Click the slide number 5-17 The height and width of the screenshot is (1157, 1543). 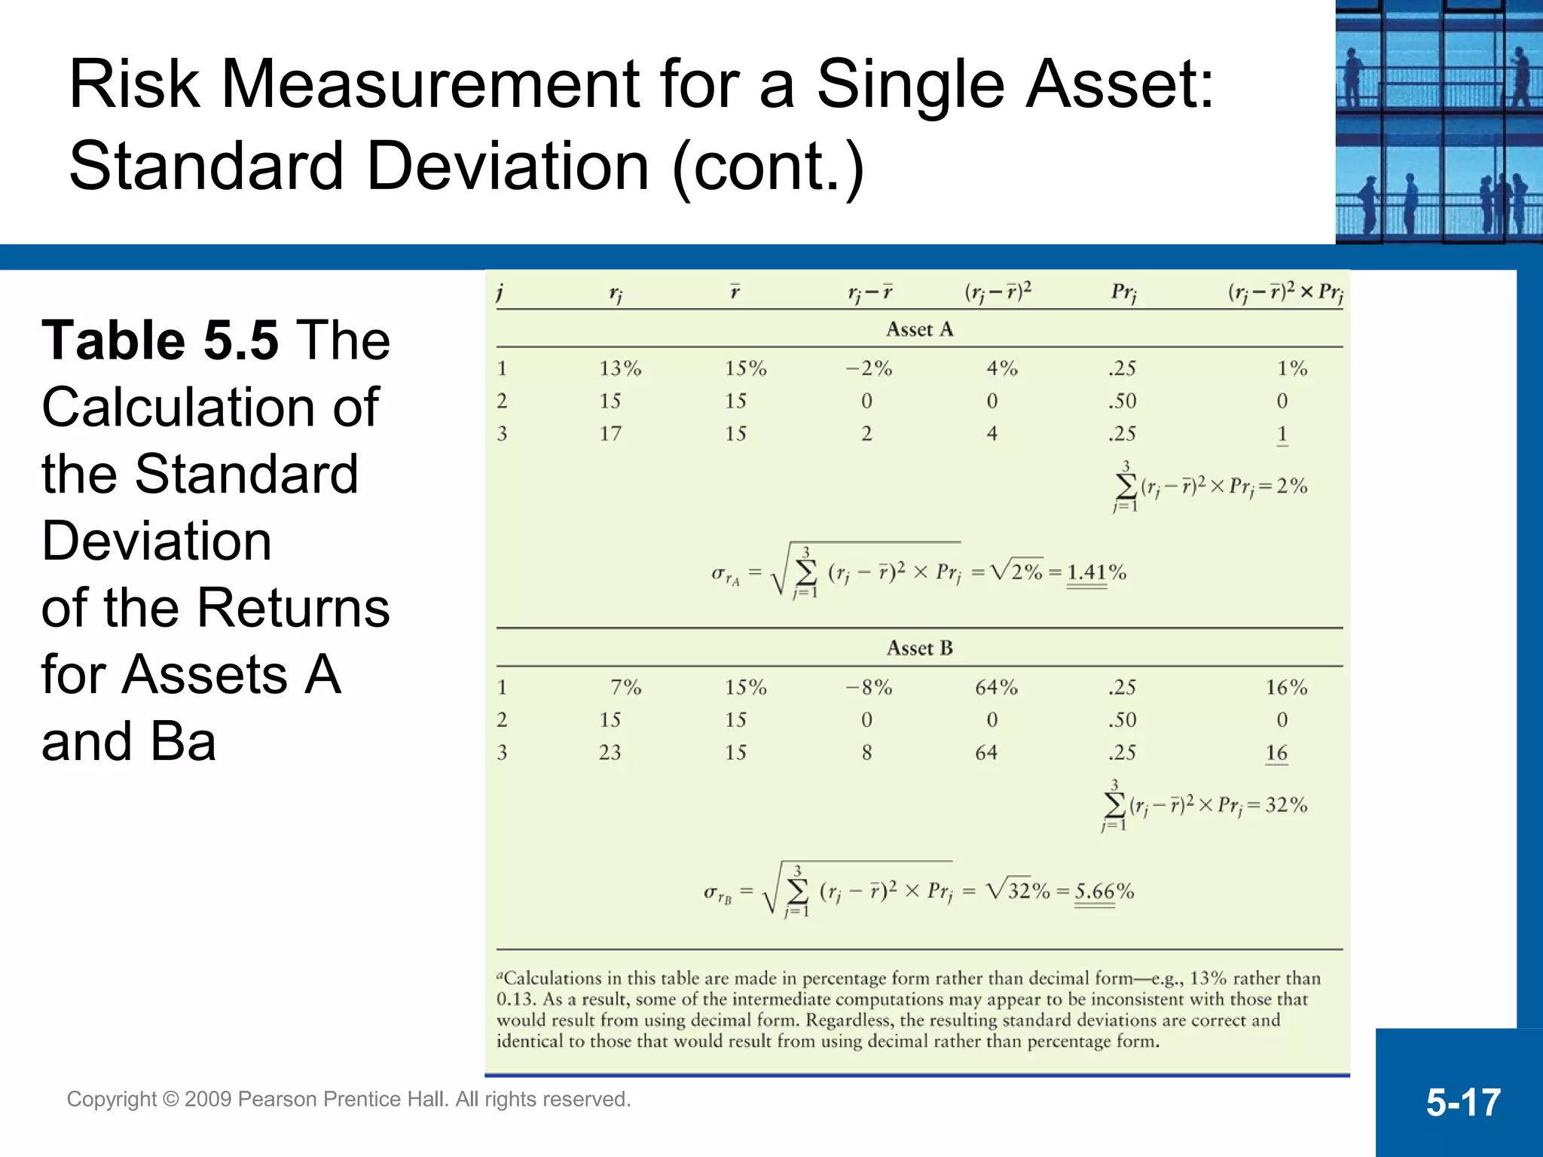pyautogui.click(x=1462, y=1102)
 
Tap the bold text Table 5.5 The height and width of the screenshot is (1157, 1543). pyautogui.click(x=160, y=340)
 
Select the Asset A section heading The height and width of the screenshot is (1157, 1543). pyautogui.click(x=919, y=329)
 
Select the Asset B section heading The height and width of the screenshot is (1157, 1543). pyautogui.click(x=919, y=648)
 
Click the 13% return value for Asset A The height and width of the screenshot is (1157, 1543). pyautogui.click(x=620, y=368)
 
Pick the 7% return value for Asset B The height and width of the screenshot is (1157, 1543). pyautogui.click(x=625, y=687)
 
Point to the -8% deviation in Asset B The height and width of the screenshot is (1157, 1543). pyautogui.click(x=868, y=687)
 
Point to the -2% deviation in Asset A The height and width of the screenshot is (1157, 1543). pyautogui.click(x=868, y=368)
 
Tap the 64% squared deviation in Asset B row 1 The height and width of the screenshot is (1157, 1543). pyautogui.click(x=996, y=687)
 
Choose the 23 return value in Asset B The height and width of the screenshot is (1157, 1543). pyautogui.click(x=610, y=753)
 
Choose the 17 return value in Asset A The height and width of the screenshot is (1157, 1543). pyautogui.click(x=610, y=434)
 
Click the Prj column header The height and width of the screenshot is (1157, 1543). pyautogui.click(x=1123, y=292)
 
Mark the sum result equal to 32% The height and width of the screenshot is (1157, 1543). pyautogui.click(x=1286, y=805)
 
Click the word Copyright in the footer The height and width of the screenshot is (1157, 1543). pyautogui.click(x=112, y=1099)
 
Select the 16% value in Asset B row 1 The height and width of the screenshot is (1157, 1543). pyautogui.click(x=1286, y=687)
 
